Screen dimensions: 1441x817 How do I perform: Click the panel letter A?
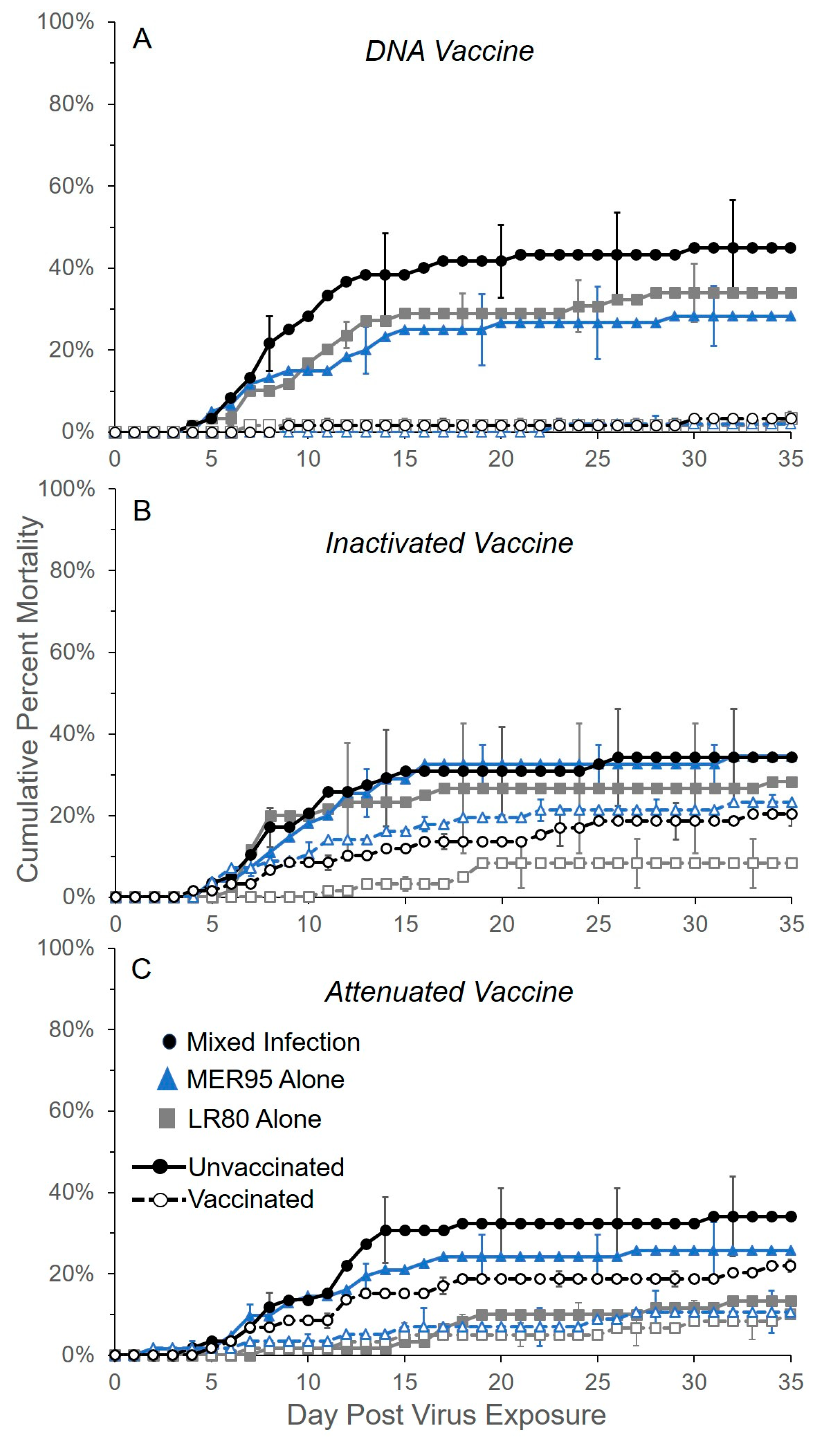pyautogui.click(x=142, y=39)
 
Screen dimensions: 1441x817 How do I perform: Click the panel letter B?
pyautogui.click(x=142, y=511)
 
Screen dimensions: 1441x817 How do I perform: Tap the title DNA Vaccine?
pyautogui.click(x=449, y=51)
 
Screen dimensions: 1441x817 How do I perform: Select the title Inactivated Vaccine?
pyautogui.click(x=449, y=543)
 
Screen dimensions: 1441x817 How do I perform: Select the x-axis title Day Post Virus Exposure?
pyautogui.click(x=446, y=1414)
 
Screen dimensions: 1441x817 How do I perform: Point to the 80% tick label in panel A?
pyautogui.click(x=71, y=104)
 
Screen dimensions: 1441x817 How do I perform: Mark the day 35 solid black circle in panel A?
pyautogui.click(x=791, y=248)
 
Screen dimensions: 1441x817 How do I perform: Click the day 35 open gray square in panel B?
pyautogui.click(x=791, y=863)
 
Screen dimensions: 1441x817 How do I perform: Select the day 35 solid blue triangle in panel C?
pyautogui.click(x=791, y=1250)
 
